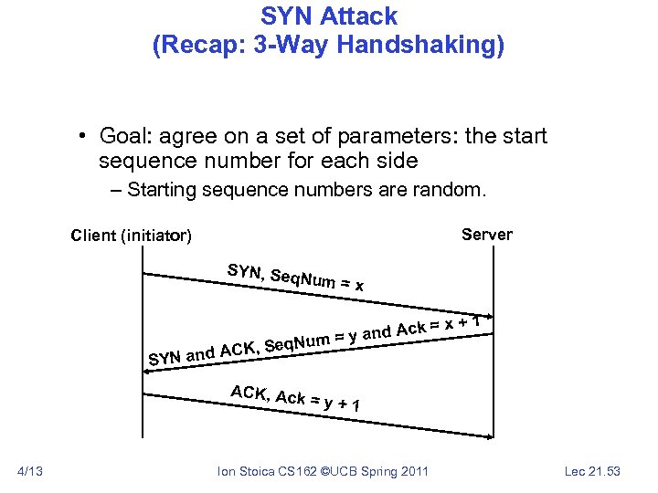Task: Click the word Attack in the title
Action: (362, 16)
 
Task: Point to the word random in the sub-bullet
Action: (453, 190)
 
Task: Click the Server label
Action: (487, 235)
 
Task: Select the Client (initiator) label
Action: (131, 236)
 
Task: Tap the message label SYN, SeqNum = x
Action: (295, 278)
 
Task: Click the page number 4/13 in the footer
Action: (30, 471)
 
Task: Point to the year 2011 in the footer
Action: (413, 471)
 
